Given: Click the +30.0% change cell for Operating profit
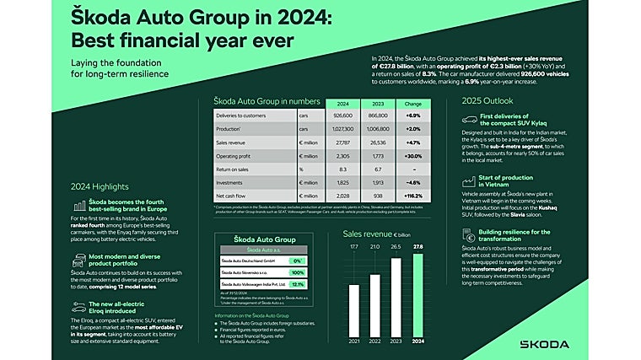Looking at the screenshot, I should tap(413, 155).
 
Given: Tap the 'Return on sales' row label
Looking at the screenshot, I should tap(237, 169).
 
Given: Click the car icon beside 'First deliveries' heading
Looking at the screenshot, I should tap(470, 121).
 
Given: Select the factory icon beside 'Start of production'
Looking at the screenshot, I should tap(470, 181).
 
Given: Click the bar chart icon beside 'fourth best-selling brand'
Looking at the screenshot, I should tap(78, 206).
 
